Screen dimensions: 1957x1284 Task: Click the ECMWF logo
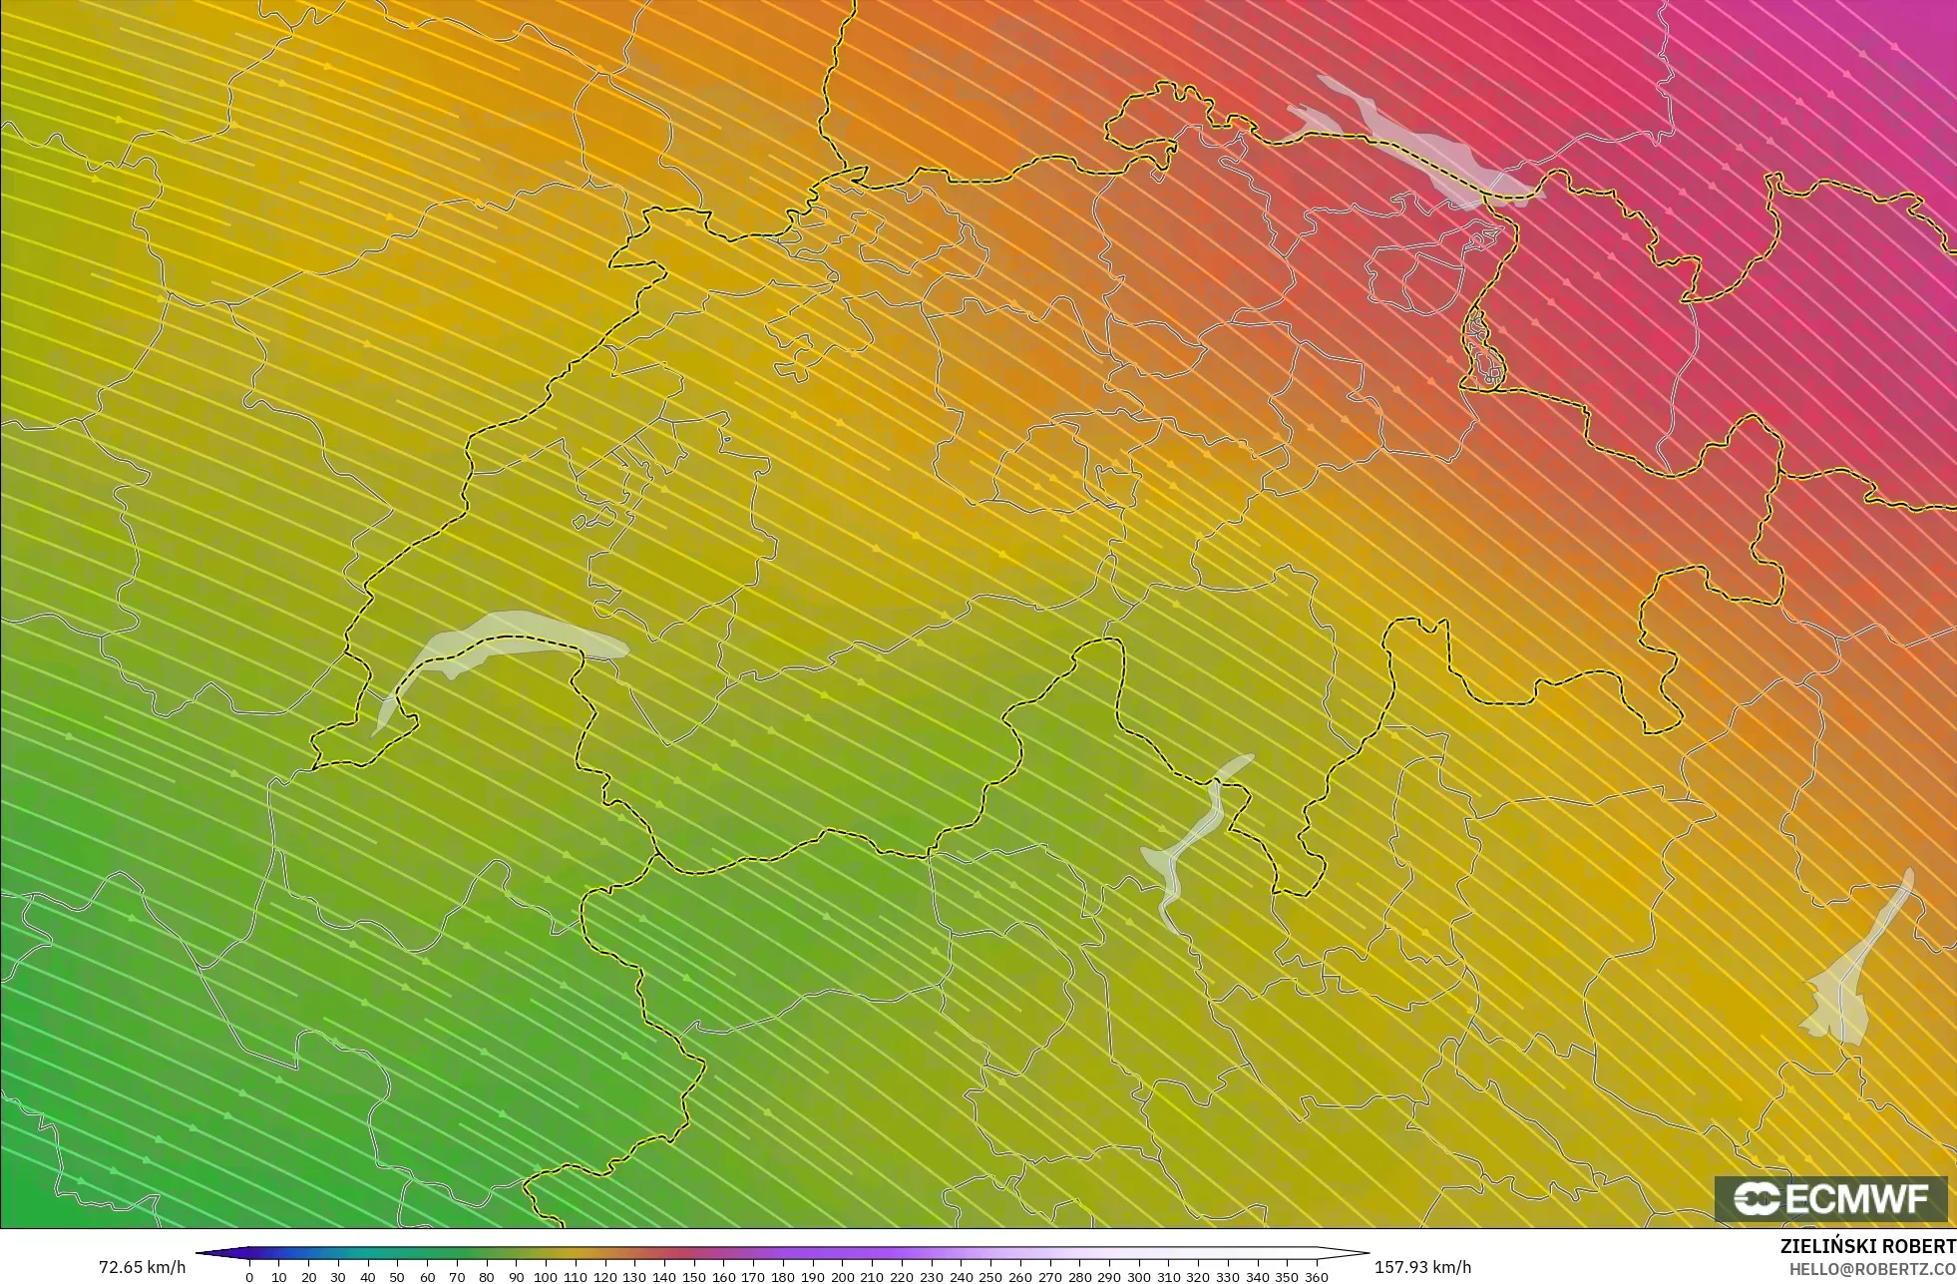click(x=1830, y=1198)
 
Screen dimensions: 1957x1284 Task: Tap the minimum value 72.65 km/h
click(x=142, y=1267)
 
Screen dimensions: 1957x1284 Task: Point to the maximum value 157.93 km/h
click(x=1422, y=1267)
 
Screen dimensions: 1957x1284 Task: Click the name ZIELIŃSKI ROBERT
click(x=1867, y=1246)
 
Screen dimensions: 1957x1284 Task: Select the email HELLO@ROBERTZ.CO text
click(x=1871, y=1269)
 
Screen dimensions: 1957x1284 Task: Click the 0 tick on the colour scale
click(x=249, y=1276)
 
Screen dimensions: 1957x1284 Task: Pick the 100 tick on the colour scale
click(x=546, y=1276)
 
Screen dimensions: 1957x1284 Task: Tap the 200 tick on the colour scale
click(x=842, y=1276)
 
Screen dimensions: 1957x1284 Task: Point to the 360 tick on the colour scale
click(x=1317, y=1276)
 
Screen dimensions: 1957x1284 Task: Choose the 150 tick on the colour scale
click(x=693, y=1276)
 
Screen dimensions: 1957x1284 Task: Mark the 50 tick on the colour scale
click(x=397, y=1276)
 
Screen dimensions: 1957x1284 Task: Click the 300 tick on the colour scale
click(x=1138, y=1276)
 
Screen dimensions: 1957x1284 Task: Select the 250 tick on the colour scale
click(x=990, y=1276)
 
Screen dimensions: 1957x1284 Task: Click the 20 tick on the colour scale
click(x=308, y=1276)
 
